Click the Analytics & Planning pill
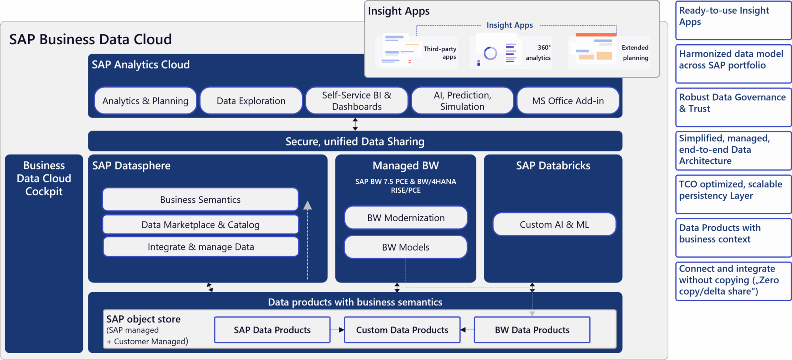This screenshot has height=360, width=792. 145,101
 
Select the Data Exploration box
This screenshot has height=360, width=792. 251,101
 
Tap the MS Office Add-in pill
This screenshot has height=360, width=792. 568,101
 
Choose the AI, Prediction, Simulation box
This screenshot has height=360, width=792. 462,101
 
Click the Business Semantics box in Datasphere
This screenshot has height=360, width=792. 200,200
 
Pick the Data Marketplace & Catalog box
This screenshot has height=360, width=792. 200,225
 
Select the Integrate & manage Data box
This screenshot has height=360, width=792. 200,247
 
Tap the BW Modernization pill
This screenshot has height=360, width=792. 406,218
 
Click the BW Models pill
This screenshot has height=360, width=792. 406,247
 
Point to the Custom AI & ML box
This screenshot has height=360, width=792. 554,225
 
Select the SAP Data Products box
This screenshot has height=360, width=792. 272,330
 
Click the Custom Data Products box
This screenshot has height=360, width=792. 402,330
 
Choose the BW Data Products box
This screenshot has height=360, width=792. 532,330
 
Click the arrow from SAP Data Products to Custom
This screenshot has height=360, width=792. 337,330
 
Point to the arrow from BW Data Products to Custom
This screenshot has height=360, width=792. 467,330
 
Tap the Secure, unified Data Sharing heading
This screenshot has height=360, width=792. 355,142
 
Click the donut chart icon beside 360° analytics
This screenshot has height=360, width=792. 490,54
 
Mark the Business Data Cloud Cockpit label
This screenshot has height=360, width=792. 44,178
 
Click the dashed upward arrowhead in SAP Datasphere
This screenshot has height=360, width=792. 308,205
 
